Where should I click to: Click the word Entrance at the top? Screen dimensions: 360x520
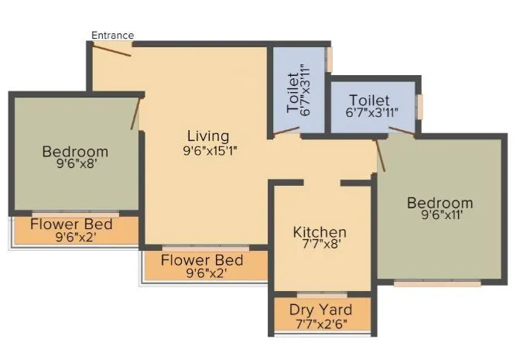click(112, 35)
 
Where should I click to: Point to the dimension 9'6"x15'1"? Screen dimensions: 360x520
click(209, 151)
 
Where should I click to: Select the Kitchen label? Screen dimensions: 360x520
click(319, 232)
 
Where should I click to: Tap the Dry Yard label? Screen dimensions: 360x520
click(320, 310)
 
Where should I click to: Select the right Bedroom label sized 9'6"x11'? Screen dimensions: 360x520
click(440, 203)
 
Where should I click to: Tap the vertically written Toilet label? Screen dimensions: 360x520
click(292, 93)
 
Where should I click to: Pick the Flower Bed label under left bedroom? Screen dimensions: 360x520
click(71, 225)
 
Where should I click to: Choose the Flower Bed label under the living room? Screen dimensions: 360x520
click(202, 260)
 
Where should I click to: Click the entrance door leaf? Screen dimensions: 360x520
click(111, 50)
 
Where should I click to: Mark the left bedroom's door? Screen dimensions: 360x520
click(137, 113)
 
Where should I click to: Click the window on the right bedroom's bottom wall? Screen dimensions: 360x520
click(437, 283)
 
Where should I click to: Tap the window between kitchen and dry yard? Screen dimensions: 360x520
click(321, 295)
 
